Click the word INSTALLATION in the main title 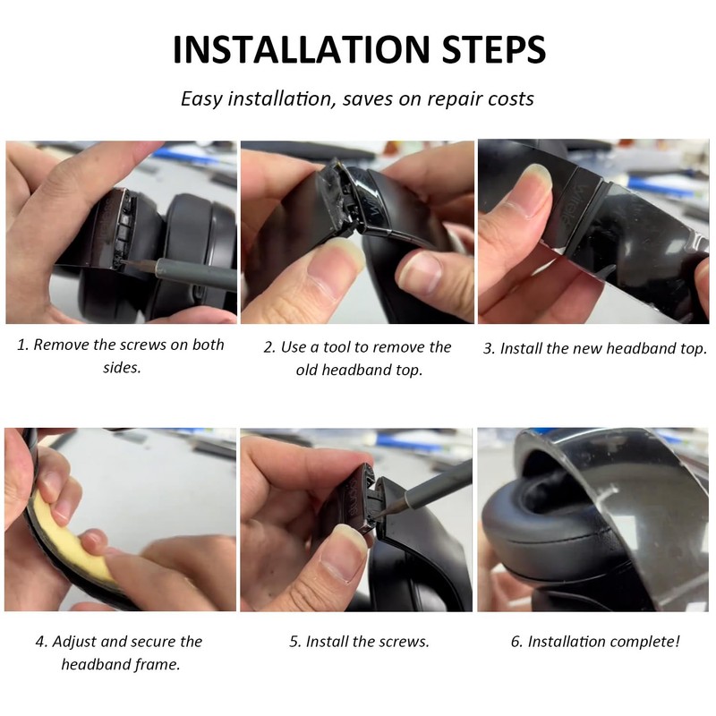coord(302,49)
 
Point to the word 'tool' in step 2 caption coord(339,347)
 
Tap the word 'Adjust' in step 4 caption coord(74,642)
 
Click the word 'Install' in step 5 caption coord(327,642)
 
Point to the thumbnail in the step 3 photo coord(534,188)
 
